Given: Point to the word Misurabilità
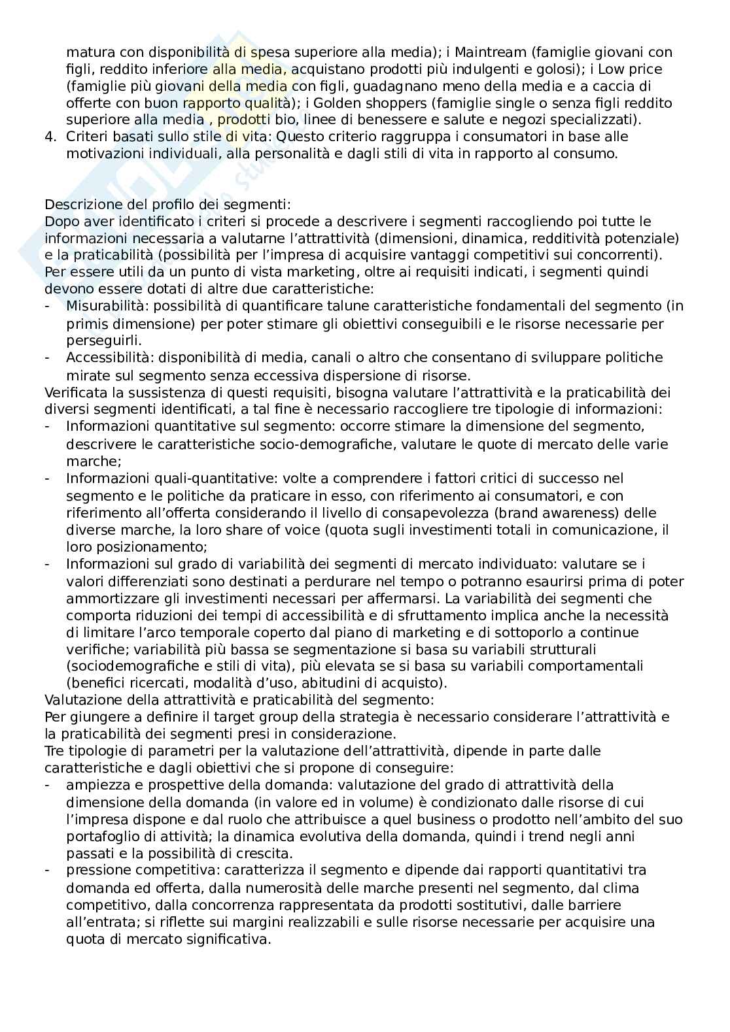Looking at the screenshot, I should point(105,306).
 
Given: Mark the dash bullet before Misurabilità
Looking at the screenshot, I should point(47,306).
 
